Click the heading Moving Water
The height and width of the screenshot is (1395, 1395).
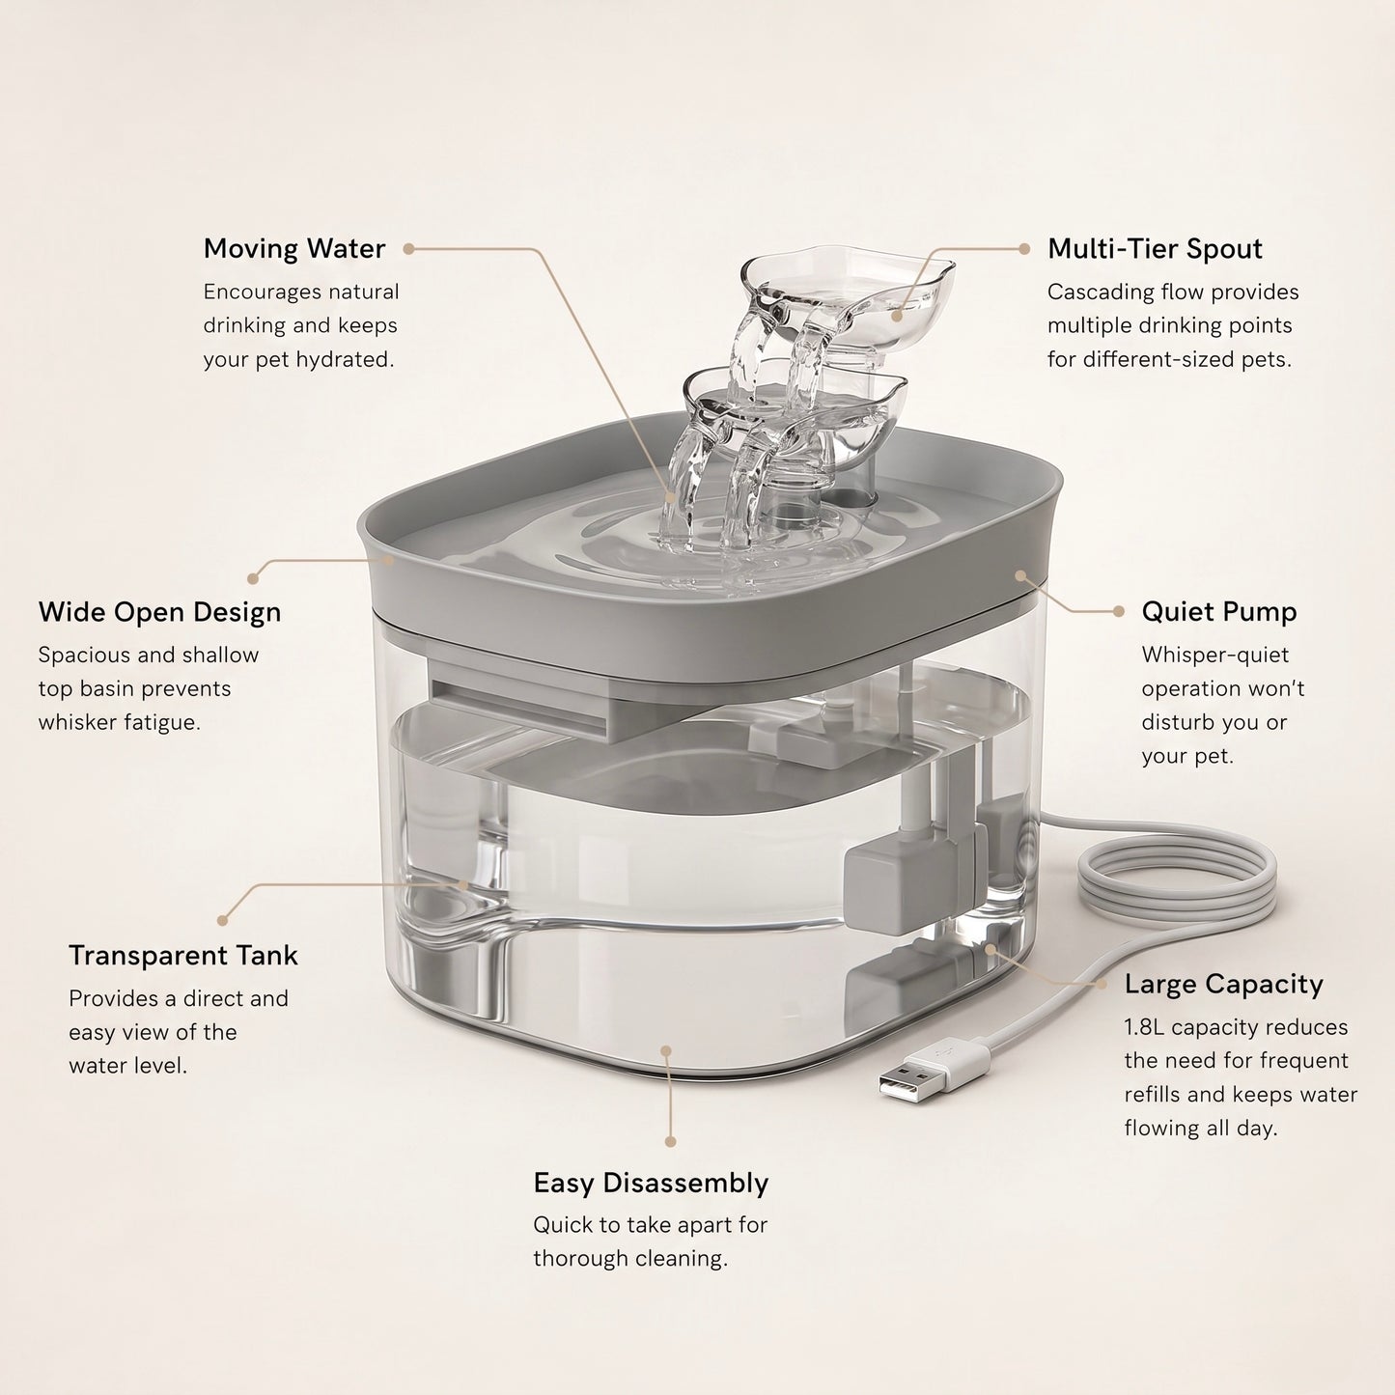293,248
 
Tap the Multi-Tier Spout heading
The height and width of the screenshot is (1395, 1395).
1155,248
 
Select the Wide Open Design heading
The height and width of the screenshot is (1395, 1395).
159,612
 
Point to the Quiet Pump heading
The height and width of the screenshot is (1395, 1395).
1219,612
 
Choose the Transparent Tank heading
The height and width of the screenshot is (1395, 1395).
183,955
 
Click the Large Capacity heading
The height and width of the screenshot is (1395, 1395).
1223,984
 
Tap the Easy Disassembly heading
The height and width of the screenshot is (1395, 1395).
651,1183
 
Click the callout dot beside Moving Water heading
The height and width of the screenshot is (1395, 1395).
409,249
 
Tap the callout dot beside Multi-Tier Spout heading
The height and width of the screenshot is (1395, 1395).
1024,249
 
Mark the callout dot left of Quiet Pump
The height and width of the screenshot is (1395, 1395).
1119,612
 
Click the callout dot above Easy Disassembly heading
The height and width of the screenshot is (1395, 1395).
670,1142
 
